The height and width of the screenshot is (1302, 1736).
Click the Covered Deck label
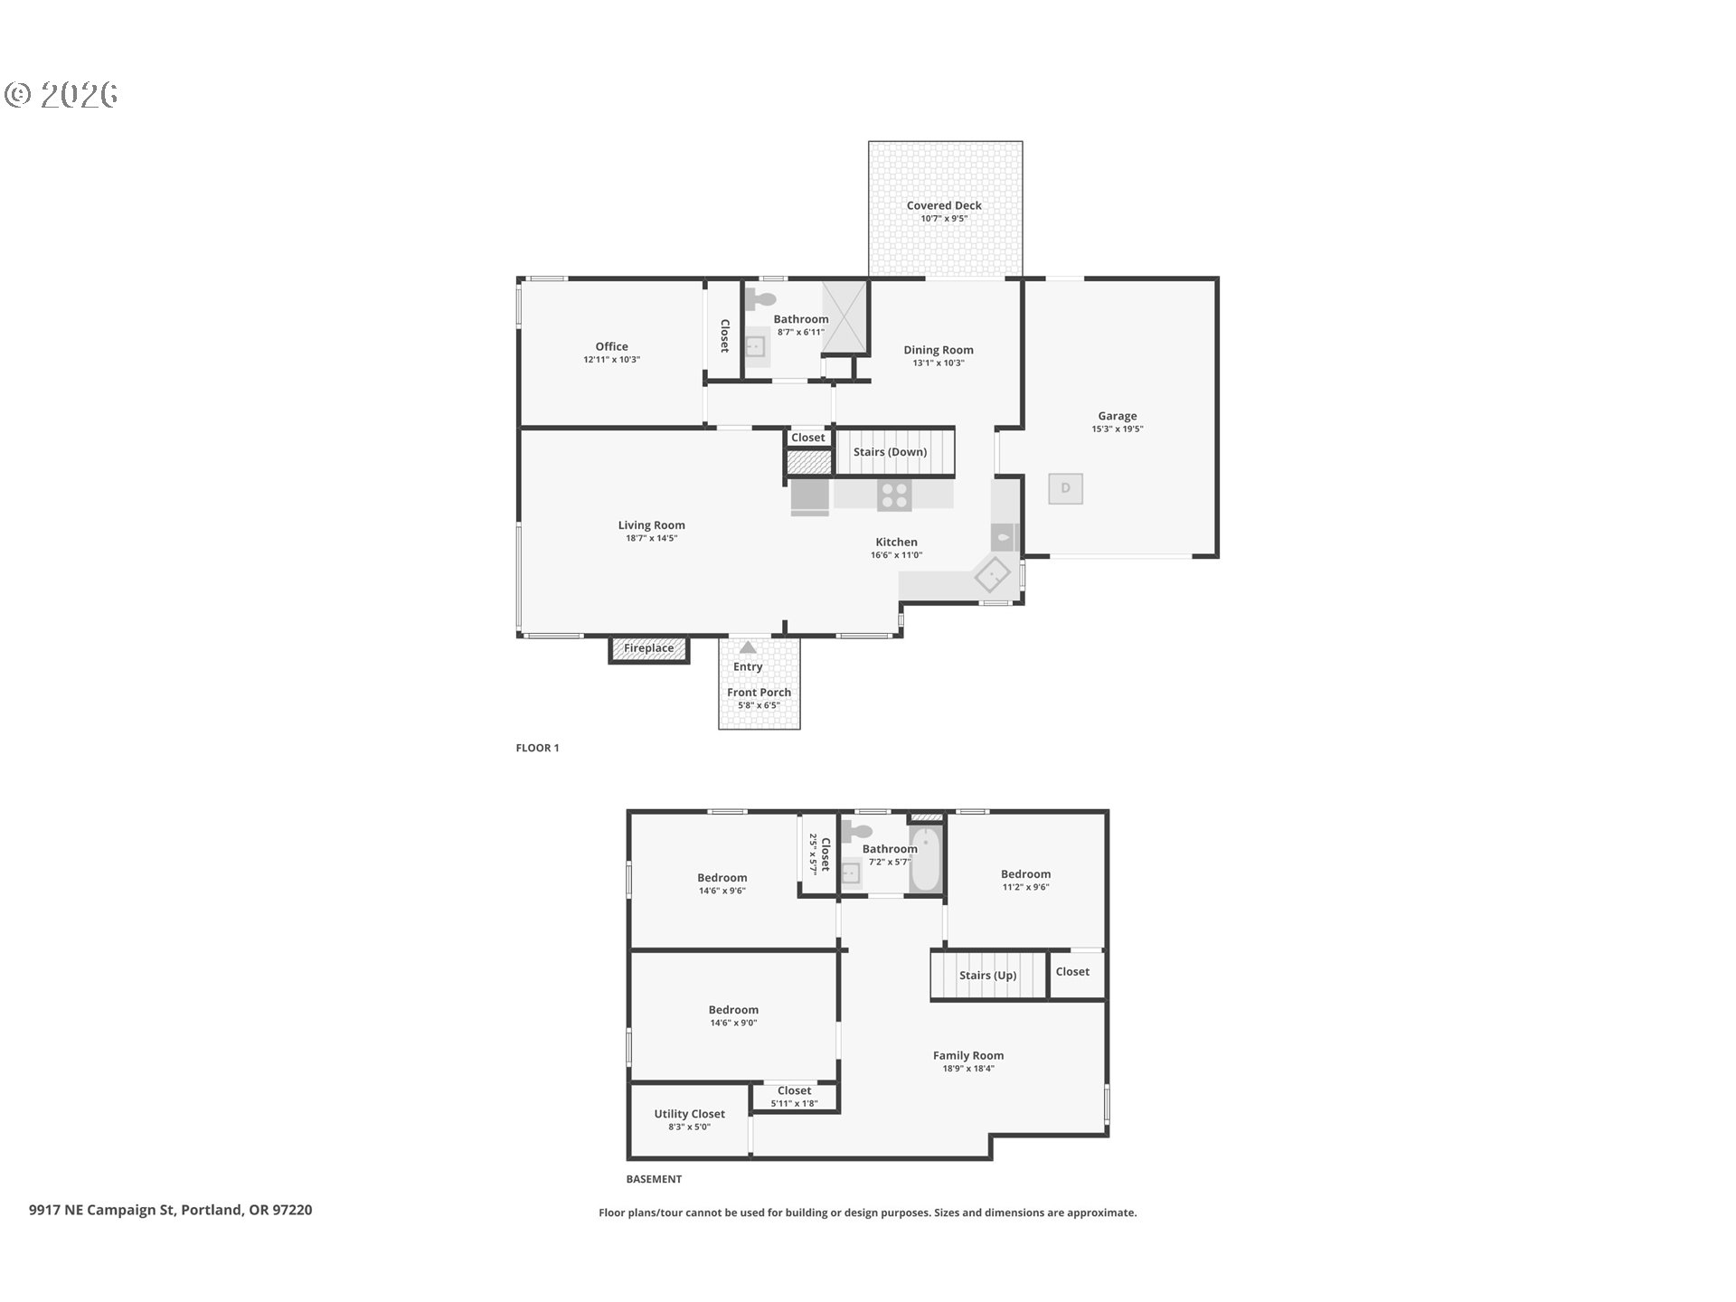pyautogui.click(x=944, y=205)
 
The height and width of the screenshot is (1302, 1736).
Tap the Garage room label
pyautogui.click(x=1118, y=416)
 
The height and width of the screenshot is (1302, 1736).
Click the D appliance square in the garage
pyautogui.click(x=1065, y=488)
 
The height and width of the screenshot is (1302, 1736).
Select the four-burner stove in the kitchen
pyautogui.click(x=894, y=495)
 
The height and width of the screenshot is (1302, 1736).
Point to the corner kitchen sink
pyautogui.click(x=992, y=573)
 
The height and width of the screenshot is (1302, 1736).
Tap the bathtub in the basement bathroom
pyautogui.click(x=926, y=858)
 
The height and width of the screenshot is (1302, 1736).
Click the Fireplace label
pyautogui.click(x=648, y=648)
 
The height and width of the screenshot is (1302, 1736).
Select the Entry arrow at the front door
pyautogui.click(x=748, y=647)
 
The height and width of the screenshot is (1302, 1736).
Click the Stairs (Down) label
pyautogui.click(x=890, y=452)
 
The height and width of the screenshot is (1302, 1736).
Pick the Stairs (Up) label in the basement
pyautogui.click(x=987, y=976)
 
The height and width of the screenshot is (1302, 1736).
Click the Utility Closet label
pyautogui.click(x=689, y=1114)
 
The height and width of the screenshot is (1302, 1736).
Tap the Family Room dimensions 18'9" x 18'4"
pyautogui.click(x=968, y=1069)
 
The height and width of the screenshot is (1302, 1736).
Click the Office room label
pyautogui.click(x=611, y=346)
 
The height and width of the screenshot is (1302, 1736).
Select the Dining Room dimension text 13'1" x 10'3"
pyautogui.click(x=939, y=363)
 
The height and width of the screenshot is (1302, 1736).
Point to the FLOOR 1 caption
pyautogui.click(x=537, y=748)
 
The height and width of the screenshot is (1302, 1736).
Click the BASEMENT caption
pyautogui.click(x=654, y=1179)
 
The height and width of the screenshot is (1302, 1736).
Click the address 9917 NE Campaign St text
pyautogui.click(x=101, y=1210)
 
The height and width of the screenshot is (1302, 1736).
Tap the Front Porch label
pyautogui.click(x=759, y=693)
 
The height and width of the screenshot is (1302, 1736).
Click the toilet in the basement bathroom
pyautogui.click(x=857, y=832)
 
